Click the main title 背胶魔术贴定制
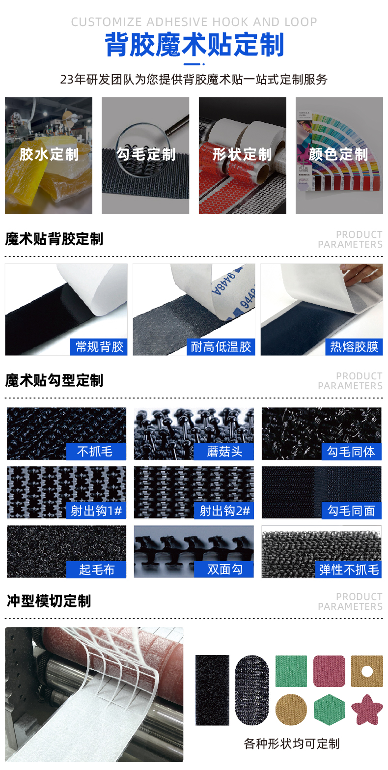194,46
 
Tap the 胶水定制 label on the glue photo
49,154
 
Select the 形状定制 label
242,154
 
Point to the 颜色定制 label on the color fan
338,154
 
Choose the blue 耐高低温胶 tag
221,347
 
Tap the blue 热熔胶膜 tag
354,347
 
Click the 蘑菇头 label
224,451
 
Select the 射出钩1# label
96,511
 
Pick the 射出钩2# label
224,511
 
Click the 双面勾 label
224,570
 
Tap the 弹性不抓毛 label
349,570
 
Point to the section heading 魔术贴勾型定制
54,380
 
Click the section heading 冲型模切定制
49,601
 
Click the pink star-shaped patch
367,709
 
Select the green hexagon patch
329,709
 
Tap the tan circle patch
291,709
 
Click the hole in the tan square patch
367,671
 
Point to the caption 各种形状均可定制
291,743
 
